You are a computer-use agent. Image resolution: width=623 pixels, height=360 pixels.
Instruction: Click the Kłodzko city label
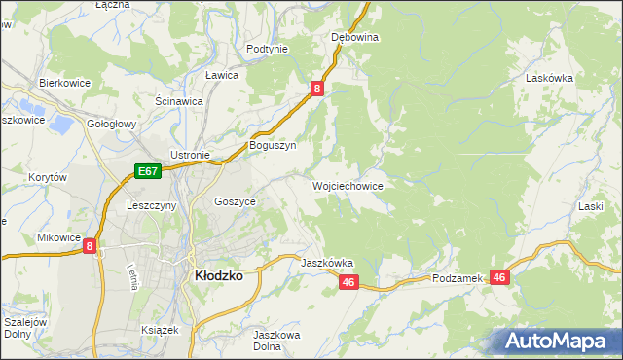(x=219, y=275)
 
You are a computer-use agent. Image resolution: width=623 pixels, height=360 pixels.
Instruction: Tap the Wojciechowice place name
(x=347, y=185)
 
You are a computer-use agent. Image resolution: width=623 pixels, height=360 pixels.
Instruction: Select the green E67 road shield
(x=147, y=172)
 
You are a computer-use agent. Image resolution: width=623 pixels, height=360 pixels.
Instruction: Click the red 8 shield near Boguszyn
(x=317, y=90)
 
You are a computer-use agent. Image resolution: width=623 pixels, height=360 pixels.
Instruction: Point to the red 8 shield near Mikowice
(x=90, y=247)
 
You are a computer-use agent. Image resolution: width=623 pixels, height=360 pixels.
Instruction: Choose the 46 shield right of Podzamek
(x=499, y=277)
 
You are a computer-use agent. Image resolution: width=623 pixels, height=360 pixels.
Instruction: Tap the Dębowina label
(x=354, y=37)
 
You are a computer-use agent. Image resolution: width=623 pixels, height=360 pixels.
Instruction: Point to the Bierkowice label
(x=64, y=83)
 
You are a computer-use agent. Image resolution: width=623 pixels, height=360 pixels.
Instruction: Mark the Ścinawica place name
(x=178, y=100)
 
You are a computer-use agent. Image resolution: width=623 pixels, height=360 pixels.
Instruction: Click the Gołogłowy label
(x=111, y=125)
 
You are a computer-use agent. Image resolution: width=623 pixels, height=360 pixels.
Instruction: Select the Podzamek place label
(x=458, y=278)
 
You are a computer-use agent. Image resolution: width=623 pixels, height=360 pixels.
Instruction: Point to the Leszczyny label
(x=151, y=205)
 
